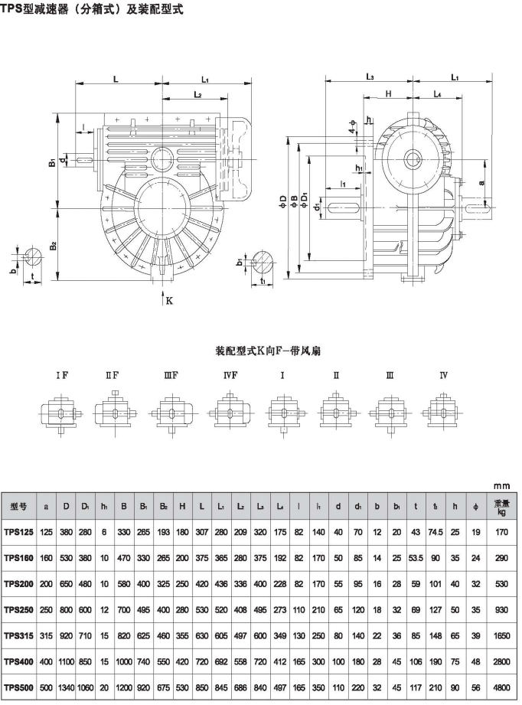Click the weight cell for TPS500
[501, 687]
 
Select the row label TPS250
[19, 609]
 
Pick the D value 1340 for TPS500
[66, 687]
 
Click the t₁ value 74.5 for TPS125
[436, 532]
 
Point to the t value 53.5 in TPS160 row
[416, 558]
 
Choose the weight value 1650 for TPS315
[501, 636]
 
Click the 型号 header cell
[19, 506]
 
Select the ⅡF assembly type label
[113, 375]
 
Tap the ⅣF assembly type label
[230, 375]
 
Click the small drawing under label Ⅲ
[390, 413]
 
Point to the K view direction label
[169, 301]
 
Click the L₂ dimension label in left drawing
[197, 94]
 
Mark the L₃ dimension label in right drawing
[370, 77]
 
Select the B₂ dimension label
[53, 246]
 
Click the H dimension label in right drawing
[389, 93]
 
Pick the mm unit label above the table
[502, 485]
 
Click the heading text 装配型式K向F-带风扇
[269, 351]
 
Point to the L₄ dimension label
[438, 94]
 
